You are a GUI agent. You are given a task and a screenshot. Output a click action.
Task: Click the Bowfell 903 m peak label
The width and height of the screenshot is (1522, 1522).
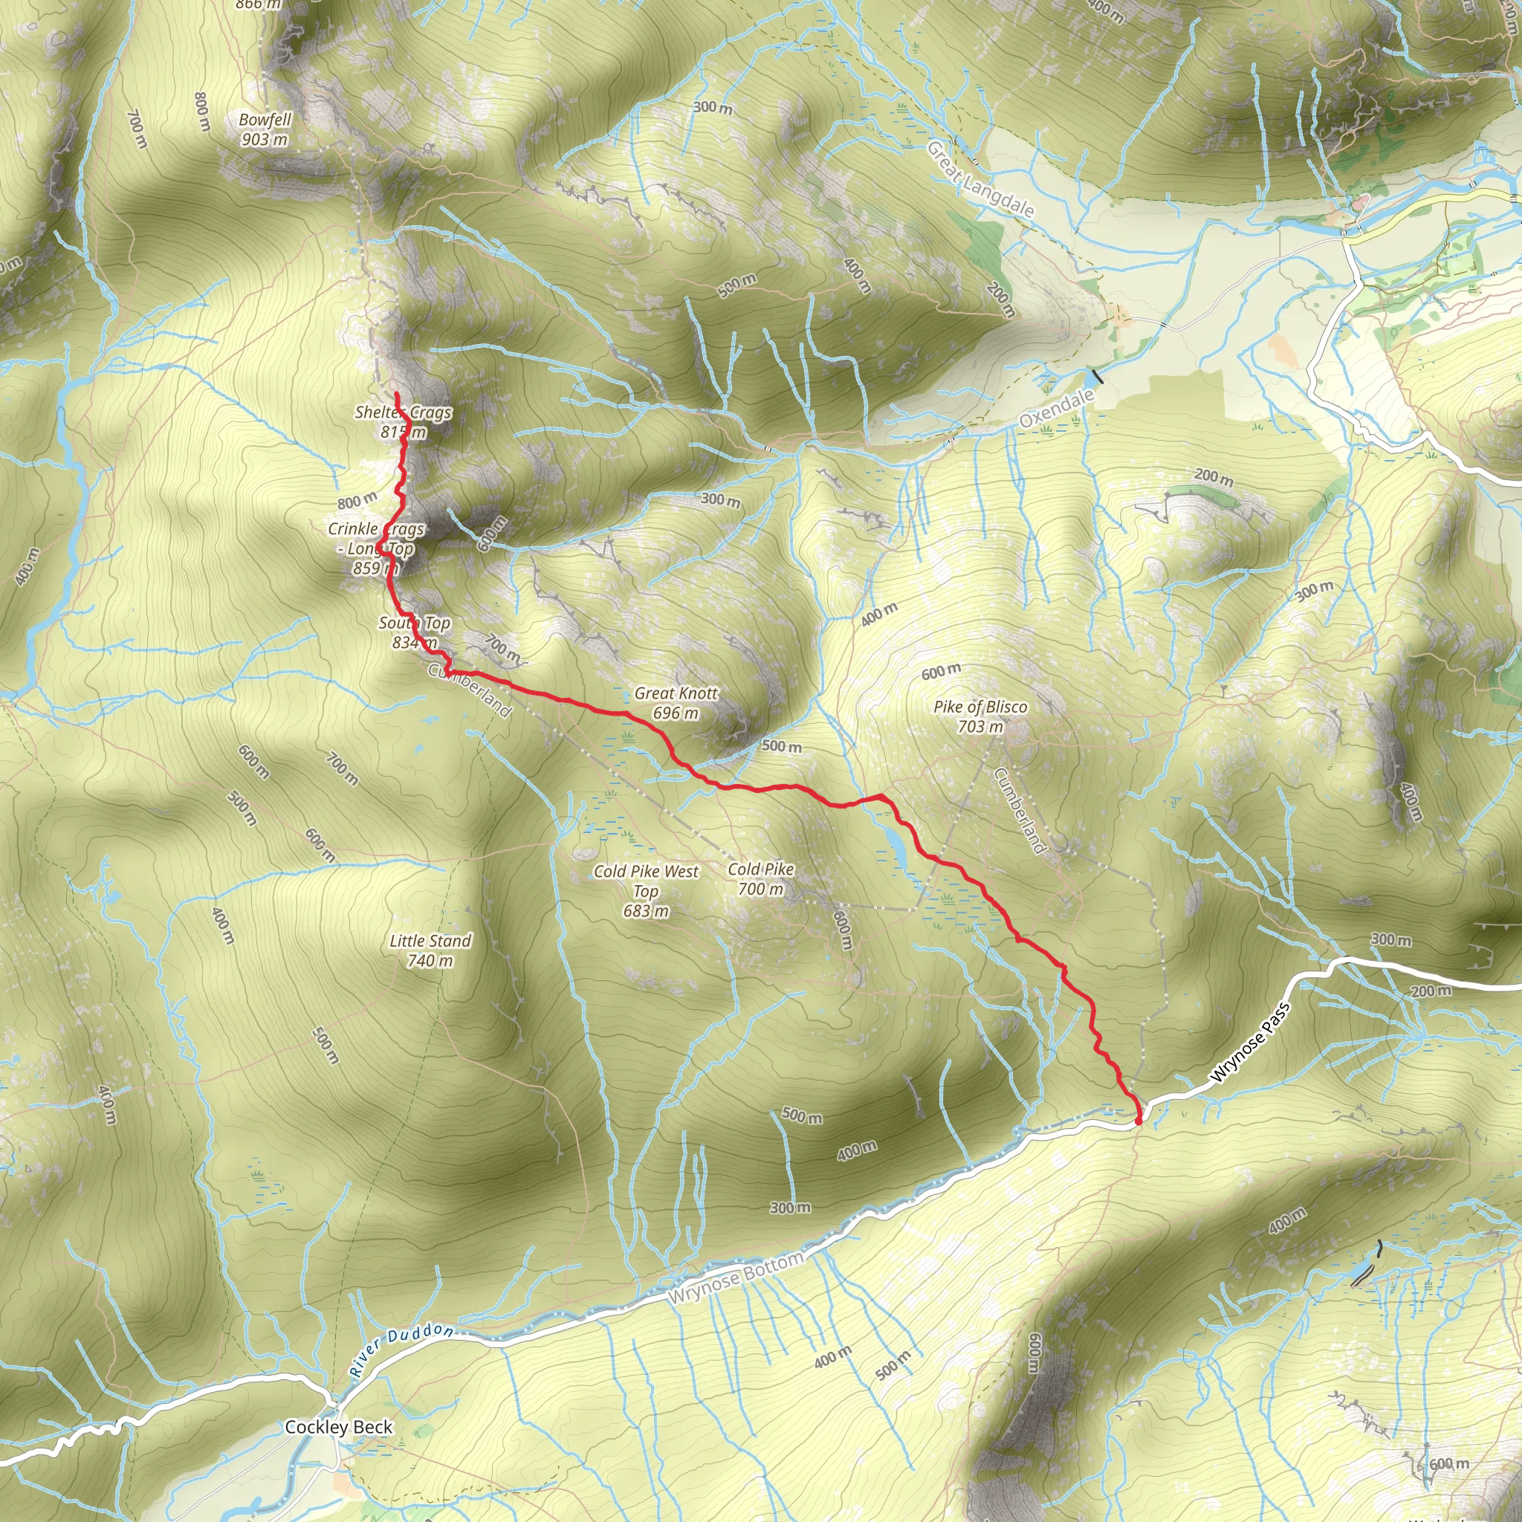pyautogui.click(x=265, y=129)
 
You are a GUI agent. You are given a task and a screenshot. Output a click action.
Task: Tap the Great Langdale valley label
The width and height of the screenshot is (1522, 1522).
pyautogui.click(x=980, y=180)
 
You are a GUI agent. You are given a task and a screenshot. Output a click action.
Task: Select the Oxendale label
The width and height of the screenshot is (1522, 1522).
pyautogui.click(x=1057, y=408)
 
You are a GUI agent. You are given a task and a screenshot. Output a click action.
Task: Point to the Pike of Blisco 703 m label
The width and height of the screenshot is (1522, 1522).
pyautogui.click(x=980, y=716)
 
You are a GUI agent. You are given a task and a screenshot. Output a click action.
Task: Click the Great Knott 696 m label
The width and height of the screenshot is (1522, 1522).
pyautogui.click(x=676, y=703)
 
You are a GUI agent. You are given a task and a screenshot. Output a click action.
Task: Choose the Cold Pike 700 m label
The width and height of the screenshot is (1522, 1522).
pyautogui.click(x=760, y=879)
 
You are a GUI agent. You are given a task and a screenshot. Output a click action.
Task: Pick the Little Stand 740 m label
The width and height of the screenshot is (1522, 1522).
pyautogui.click(x=430, y=950)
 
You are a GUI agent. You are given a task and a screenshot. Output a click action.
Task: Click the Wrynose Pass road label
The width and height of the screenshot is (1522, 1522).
pyautogui.click(x=1250, y=1041)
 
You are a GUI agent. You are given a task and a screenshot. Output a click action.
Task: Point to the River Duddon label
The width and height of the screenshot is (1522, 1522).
pyautogui.click(x=402, y=1350)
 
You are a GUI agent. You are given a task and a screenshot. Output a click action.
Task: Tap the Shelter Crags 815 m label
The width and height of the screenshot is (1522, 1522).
pyautogui.click(x=404, y=421)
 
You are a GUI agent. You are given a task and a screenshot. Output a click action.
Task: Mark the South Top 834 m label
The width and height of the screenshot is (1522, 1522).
pyautogui.click(x=415, y=632)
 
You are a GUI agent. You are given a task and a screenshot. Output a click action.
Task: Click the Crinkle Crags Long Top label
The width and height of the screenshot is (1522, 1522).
pyautogui.click(x=377, y=548)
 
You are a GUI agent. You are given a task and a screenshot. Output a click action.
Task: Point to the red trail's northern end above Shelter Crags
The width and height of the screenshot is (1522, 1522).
pyautogui.click(x=396, y=393)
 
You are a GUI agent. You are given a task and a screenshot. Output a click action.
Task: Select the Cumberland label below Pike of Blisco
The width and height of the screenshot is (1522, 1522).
pyautogui.click(x=1020, y=812)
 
